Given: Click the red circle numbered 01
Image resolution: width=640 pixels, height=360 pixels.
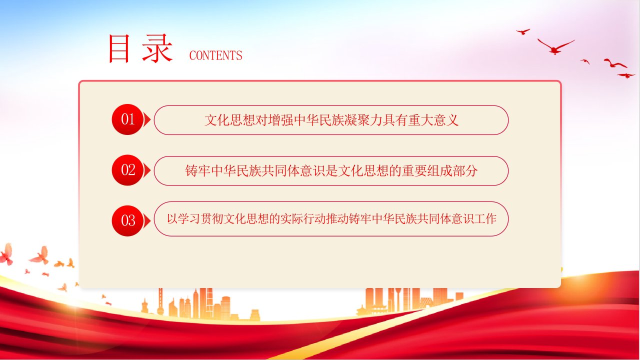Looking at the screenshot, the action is [127, 119].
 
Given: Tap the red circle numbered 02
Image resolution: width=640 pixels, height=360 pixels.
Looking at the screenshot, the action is [127, 170].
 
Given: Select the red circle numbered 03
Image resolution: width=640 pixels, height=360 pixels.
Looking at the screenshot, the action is [127, 221].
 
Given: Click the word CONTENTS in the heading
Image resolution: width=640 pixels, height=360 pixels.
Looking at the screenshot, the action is [215, 55].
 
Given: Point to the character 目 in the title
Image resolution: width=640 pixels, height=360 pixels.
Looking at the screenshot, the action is [119, 48].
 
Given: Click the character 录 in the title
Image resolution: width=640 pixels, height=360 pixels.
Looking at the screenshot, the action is [157, 48].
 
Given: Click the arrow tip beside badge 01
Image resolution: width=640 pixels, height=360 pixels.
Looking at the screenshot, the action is [150, 119].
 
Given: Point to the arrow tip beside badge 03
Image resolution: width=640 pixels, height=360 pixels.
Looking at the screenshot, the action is [150, 221].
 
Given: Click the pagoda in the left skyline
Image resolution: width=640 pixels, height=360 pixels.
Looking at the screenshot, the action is [145, 306].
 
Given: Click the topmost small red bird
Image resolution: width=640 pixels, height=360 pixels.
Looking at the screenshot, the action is [523, 31].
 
